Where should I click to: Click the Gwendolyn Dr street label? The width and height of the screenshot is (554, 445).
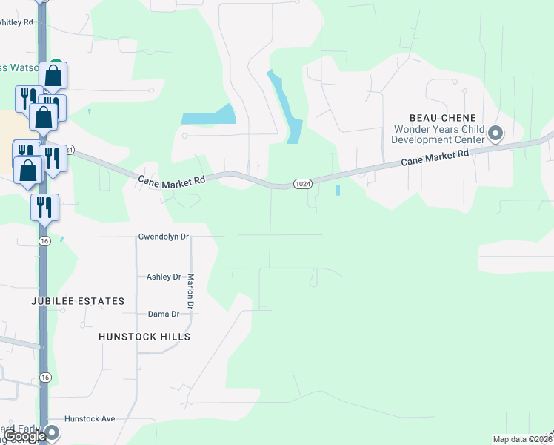coord(164,237)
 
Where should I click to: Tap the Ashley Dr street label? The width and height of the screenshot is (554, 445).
coord(164,277)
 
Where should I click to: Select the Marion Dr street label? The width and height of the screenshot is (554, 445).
coord(190,291)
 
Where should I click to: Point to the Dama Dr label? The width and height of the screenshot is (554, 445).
coord(164,314)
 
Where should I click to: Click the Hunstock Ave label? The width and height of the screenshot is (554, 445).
coord(90,419)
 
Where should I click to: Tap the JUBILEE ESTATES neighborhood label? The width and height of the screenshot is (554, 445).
coord(78,301)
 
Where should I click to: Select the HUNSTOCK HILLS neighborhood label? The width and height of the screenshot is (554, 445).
coord(144,337)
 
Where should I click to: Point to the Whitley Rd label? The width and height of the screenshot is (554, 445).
coord(16,22)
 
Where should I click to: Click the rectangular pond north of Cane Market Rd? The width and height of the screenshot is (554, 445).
coord(208,114)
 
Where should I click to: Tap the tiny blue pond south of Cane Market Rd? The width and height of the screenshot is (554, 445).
coord(338,190)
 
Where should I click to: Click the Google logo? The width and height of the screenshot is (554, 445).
coord(25,437)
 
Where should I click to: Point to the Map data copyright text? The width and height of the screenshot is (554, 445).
coord(521,439)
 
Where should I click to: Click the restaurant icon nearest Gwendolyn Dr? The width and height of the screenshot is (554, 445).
coord(44,206)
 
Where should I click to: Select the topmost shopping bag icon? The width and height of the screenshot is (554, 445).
coord(53,76)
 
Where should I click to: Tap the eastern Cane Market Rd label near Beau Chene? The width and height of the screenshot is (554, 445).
coord(435,157)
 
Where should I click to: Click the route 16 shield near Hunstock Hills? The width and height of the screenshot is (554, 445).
coord(46,378)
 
